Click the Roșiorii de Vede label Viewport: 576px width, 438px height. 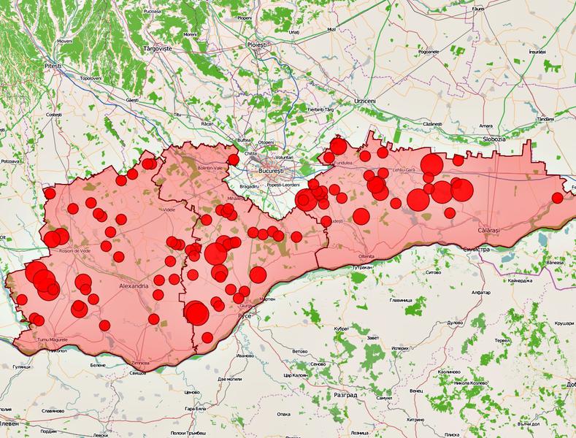point(74,252)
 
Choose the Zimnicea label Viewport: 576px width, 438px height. point(139,363)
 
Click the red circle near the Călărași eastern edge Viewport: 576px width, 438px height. point(558,197)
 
